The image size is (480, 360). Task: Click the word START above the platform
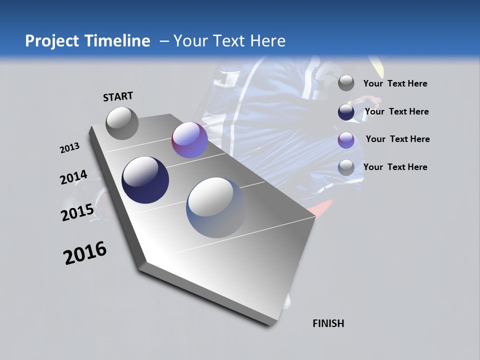pyautogui.click(x=118, y=96)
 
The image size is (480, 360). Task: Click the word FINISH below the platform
pyautogui.click(x=328, y=323)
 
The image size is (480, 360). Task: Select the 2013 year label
pyautogui.click(x=69, y=148)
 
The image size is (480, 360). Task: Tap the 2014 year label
pyautogui.click(x=73, y=177)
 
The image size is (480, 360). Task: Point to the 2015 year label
pyautogui.click(x=77, y=212)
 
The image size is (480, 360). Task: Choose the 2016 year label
pyautogui.click(x=85, y=253)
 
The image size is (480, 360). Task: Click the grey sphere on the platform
pyautogui.click(x=122, y=123)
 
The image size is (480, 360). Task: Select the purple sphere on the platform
pyautogui.click(x=189, y=140)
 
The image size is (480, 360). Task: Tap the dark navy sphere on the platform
pyautogui.click(x=145, y=180)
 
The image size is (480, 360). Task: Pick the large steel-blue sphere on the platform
pyautogui.click(x=216, y=207)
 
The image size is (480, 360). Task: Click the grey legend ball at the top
pyautogui.click(x=346, y=83)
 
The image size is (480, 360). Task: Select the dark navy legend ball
pyautogui.click(x=346, y=112)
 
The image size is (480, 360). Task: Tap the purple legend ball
pyautogui.click(x=346, y=140)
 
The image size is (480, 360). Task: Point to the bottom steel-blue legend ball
pyautogui.click(x=346, y=167)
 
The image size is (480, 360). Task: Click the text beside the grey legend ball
pyautogui.click(x=395, y=83)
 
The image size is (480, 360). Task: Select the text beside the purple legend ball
pyautogui.click(x=397, y=139)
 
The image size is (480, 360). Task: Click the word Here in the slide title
pyautogui.click(x=267, y=41)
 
